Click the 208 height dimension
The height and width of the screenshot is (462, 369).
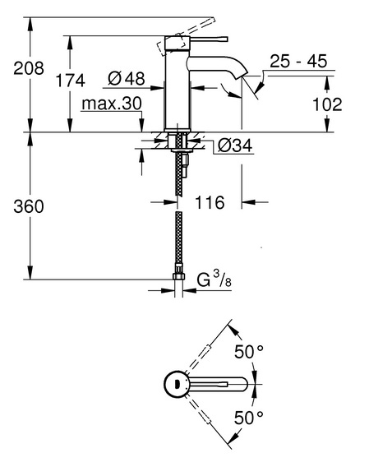29,68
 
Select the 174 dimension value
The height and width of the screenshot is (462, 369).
70,80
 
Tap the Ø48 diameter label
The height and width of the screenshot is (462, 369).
127,79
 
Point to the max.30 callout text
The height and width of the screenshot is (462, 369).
112,104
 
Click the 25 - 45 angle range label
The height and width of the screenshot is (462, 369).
298,61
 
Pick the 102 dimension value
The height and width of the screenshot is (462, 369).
327,104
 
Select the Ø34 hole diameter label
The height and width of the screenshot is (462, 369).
235,146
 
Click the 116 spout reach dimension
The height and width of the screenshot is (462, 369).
210,202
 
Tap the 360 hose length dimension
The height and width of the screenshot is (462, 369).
29,206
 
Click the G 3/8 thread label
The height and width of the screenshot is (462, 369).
214,280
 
